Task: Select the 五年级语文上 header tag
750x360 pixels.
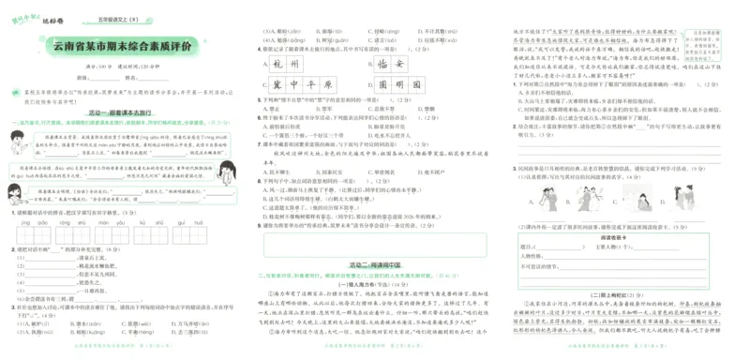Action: point(109,17)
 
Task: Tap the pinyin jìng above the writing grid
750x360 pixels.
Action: point(16,223)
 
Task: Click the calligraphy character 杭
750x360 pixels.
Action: point(277,65)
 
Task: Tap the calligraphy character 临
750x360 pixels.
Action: point(384,65)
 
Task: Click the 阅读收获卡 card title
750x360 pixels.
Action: point(611,238)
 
